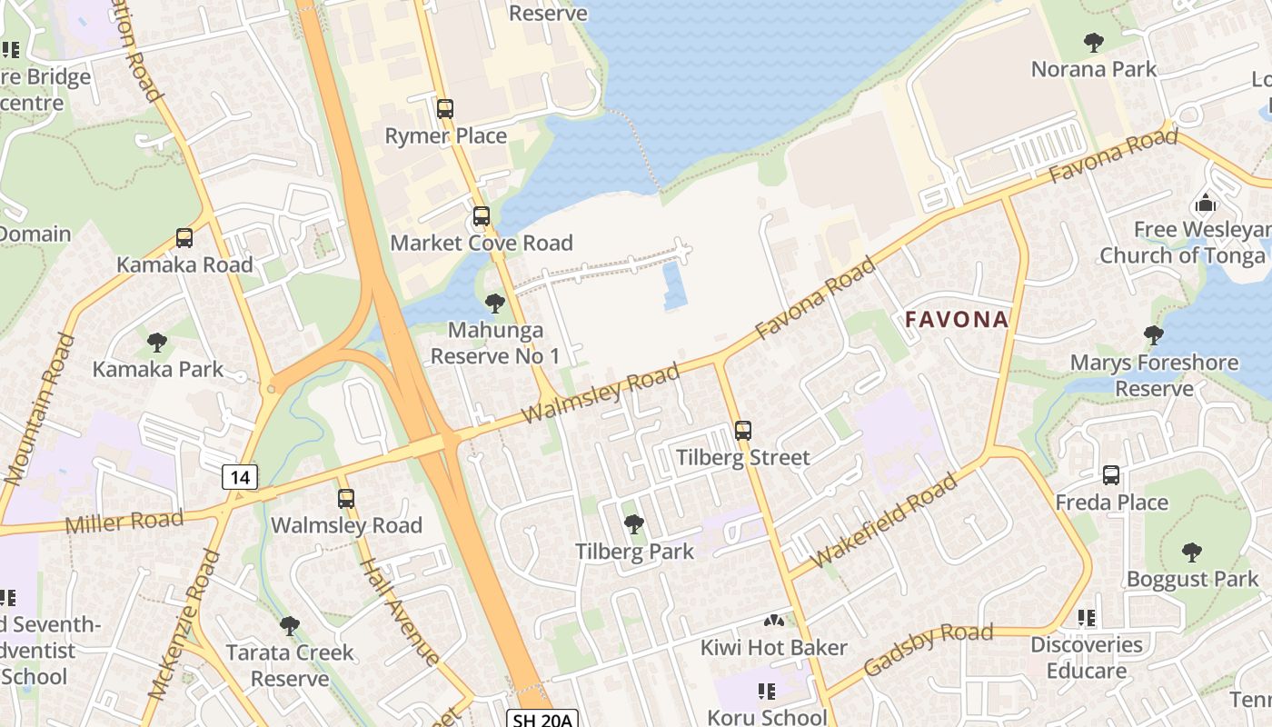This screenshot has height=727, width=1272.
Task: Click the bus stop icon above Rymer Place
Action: (444, 109)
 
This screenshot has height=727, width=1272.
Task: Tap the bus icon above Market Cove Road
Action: (481, 217)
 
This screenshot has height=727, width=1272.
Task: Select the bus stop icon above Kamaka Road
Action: (184, 238)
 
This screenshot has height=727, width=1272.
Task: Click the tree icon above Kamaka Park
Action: (157, 343)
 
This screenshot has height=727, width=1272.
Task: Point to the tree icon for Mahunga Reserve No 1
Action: (495, 303)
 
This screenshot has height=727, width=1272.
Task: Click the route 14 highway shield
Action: (240, 476)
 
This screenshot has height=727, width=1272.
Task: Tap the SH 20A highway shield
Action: (542, 720)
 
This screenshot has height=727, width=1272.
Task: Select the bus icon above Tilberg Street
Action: (743, 431)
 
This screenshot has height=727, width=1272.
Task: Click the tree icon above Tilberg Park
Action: (634, 524)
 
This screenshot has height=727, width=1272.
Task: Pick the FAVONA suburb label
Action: (957, 320)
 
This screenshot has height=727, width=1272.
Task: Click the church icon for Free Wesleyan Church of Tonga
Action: (1206, 203)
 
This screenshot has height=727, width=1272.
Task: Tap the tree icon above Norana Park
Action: (1094, 42)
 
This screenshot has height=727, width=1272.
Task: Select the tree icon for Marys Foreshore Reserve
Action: (1154, 335)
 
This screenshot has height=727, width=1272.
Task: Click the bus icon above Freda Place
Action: (1111, 475)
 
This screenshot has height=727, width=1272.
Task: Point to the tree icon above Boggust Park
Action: (1192, 552)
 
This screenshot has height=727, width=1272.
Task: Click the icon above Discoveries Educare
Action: (1086, 618)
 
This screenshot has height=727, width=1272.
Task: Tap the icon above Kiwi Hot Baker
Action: (774, 621)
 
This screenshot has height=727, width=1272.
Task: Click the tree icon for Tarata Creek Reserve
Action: (290, 625)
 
